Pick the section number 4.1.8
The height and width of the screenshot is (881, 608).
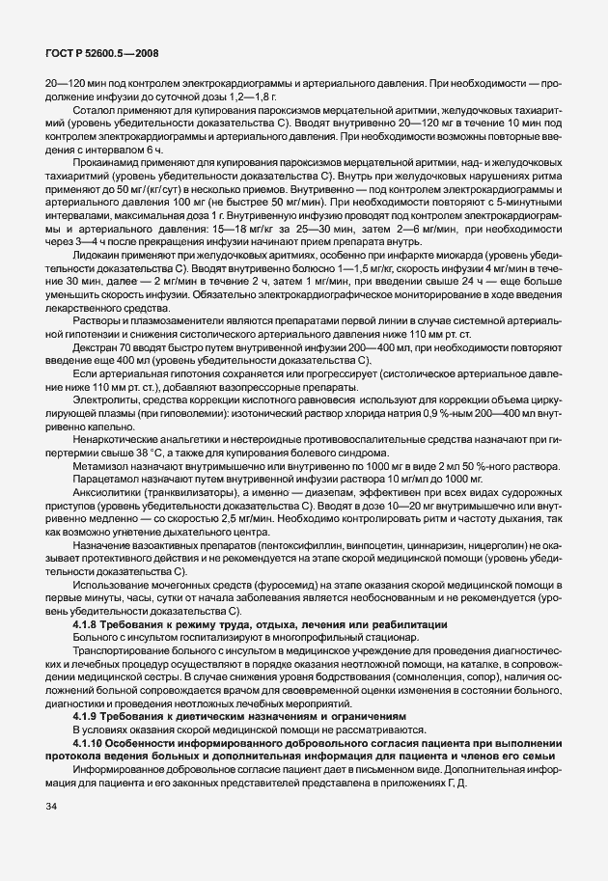click(x=88, y=627)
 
